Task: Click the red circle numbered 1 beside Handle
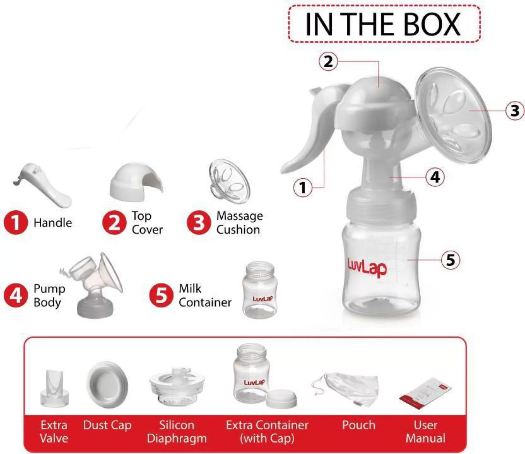15,222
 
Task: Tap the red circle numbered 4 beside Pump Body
15,296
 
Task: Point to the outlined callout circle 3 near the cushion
515,111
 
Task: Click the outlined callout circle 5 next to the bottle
450,260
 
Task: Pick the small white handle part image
42,185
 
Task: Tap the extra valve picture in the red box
54,388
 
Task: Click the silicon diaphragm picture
177,387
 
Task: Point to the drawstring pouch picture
345,389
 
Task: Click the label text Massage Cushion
240,222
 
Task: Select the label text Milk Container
205,296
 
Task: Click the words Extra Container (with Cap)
267,432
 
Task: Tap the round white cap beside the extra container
281,398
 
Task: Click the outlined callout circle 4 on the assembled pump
435,176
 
